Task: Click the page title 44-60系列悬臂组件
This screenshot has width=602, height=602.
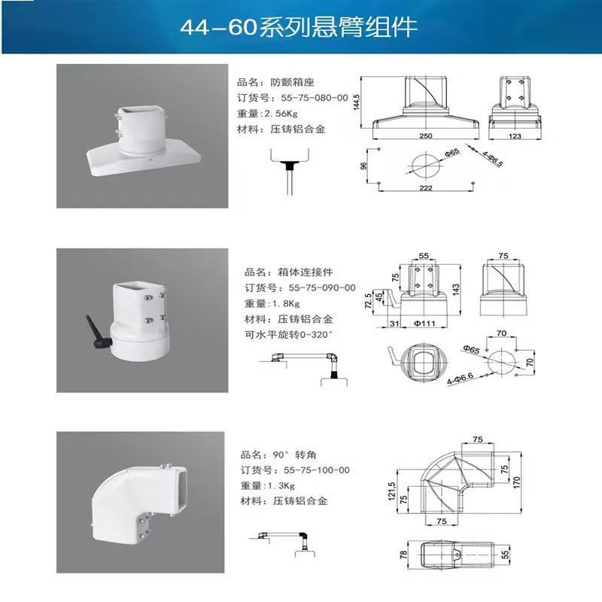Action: (298, 27)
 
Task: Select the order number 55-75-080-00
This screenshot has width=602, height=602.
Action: (315, 98)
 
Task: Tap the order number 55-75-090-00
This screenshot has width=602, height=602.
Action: (322, 288)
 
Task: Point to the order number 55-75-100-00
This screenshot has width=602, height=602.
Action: (317, 470)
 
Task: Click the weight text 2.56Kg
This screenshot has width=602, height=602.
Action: (281, 114)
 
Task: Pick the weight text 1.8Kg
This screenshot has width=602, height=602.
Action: (286, 304)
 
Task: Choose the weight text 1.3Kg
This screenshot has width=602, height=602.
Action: (281, 485)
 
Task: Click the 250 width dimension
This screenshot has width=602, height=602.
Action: (426, 135)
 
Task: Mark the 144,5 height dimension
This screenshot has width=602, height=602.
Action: (357, 102)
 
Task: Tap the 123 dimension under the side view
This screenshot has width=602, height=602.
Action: (515, 136)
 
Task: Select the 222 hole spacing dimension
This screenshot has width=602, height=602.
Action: (426, 187)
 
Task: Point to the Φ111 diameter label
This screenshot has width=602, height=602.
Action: (424, 324)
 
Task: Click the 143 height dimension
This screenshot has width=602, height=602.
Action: (456, 290)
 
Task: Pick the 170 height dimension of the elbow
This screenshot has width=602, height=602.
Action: (516, 482)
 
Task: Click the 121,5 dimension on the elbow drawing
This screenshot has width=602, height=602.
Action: (391, 491)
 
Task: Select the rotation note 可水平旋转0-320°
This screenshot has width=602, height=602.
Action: (288, 335)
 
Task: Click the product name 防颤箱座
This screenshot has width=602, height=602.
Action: (292, 82)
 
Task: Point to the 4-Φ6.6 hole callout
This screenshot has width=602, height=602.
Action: (460, 379)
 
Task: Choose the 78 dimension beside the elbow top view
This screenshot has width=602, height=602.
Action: (403, 555)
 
